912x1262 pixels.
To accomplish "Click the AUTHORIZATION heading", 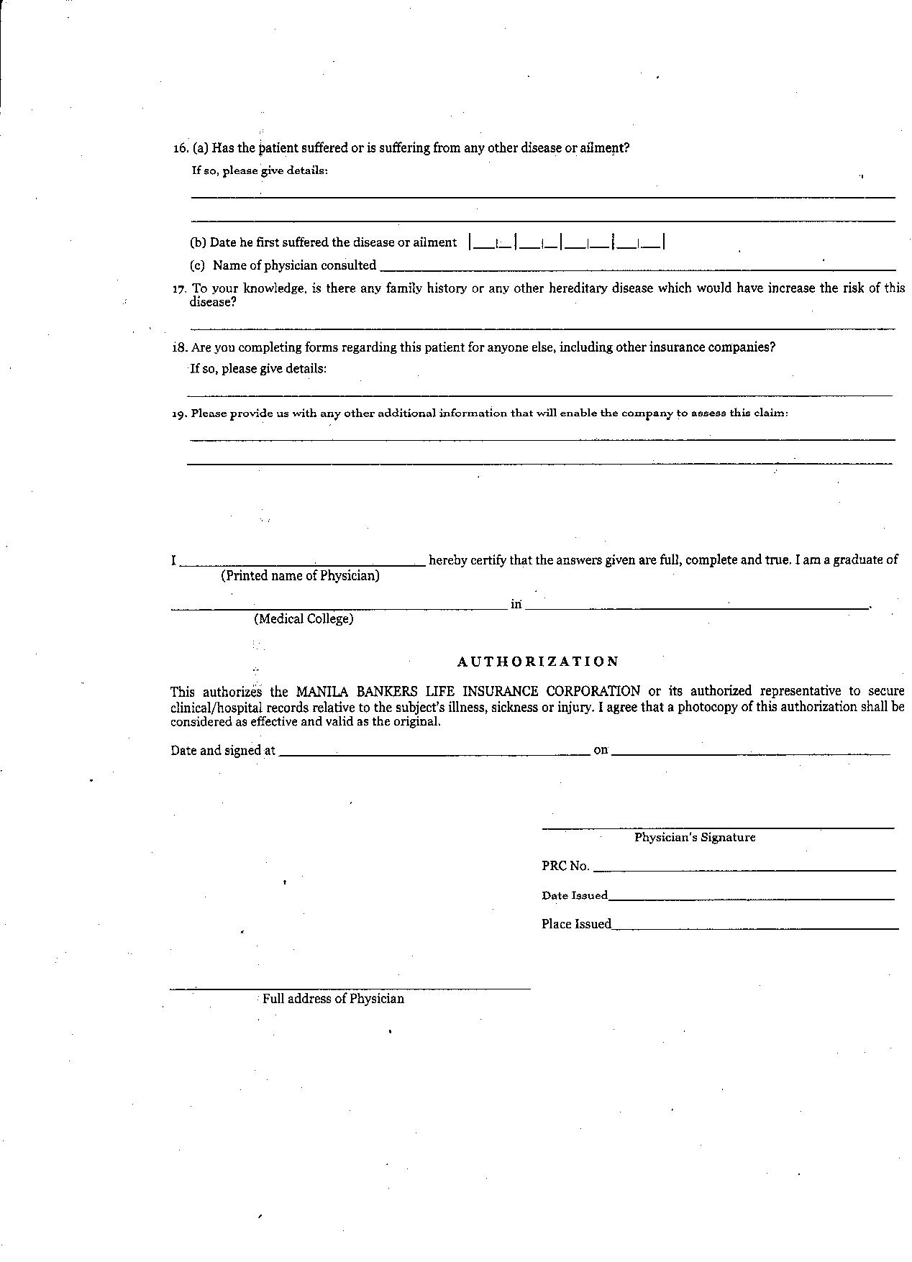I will (538, 661).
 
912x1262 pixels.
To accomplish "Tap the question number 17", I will (179, 289).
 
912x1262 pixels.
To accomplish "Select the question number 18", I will (179, 348).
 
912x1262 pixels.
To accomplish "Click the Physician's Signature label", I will (695, 837).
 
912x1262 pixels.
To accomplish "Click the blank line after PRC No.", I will (744, 869).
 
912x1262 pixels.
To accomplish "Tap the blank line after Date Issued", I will (752, 898).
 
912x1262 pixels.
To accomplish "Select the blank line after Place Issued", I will (755, 928).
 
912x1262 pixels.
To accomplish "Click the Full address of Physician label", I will (333, 999).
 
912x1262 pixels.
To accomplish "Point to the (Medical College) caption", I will (304, 618).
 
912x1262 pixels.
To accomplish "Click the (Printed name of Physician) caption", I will (300, 575).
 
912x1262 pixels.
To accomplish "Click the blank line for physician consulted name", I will (637, 268).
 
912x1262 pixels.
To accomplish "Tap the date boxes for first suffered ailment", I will (567, 242).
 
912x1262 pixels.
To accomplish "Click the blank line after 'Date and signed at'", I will (434, 754).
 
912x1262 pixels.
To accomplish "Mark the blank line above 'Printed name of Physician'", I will (302, 565).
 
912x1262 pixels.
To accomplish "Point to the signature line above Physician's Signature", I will (718, 828).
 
